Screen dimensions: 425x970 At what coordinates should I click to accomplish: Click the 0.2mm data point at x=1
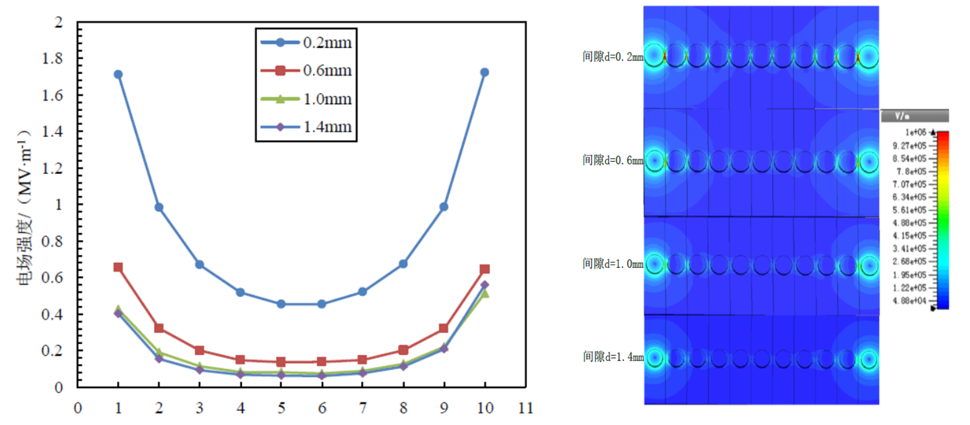coord(118,75)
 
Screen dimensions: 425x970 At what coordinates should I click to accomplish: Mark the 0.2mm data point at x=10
coord(485,72)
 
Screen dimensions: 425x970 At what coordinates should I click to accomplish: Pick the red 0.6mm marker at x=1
coord(118,267)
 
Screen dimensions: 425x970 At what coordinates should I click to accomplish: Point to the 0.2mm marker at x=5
coord(281,304)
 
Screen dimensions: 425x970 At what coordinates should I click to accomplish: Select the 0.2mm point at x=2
coord(159,207)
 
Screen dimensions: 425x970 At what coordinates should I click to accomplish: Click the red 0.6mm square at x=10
coord(485,269)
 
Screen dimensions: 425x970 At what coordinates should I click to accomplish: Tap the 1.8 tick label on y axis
coord(52,58)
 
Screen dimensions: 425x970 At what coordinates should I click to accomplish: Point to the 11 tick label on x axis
coord(526,408)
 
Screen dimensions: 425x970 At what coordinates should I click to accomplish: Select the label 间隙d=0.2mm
coord(612,57)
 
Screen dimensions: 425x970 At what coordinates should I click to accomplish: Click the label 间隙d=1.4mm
coord(613,357)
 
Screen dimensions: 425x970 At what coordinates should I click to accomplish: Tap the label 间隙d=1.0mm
coord(612,264)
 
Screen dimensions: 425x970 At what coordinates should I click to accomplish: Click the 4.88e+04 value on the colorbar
coord(909,301)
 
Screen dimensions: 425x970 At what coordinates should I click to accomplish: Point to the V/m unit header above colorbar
coord(902,116)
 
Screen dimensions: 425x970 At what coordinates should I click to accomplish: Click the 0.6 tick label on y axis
coord(52,278)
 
